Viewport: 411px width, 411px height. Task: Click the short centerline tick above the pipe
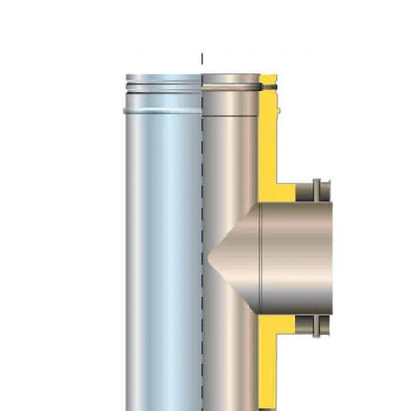coord(202,58)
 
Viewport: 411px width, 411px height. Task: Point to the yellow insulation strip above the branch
coord(269,143)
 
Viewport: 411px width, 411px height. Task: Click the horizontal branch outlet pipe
coord(296,253)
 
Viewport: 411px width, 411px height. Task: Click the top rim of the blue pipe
coord(163,76)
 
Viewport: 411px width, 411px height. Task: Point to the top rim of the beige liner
coord(230,76)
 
